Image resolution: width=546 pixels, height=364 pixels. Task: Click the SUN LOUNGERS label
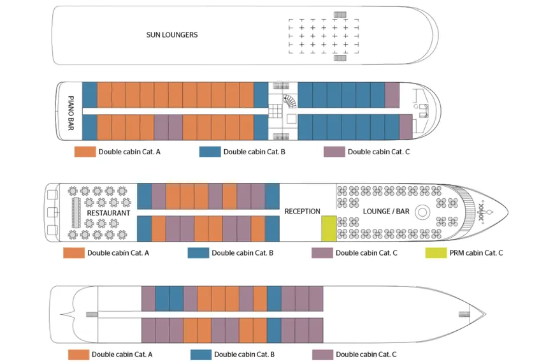(x=172, y=34)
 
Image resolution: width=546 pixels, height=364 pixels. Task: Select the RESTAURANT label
(x=108, y=213)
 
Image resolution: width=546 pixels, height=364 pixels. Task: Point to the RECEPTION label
(x=302, y=212)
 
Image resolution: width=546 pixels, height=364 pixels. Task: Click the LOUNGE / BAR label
(x=386, y=212)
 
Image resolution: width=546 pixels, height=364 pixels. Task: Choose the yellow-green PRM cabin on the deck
(x=329, y=228)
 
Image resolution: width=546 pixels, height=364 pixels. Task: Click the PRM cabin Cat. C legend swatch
(x=436, y=253)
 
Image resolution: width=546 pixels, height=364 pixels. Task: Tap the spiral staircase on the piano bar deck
(x=290, y=102)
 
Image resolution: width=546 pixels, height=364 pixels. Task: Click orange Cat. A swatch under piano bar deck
(x=85, y=152)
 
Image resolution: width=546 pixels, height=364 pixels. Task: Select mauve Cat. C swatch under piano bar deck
(x=334, y=152)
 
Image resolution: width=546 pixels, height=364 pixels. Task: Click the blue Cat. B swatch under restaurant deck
(x=198, y=253)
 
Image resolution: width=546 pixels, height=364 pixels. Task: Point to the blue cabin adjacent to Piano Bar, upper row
(x=90, y=95)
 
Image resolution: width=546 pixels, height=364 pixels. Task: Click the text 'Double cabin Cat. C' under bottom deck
(x=366, y=354)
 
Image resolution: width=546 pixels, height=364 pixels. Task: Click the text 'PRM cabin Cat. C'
(x=476, y=253)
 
